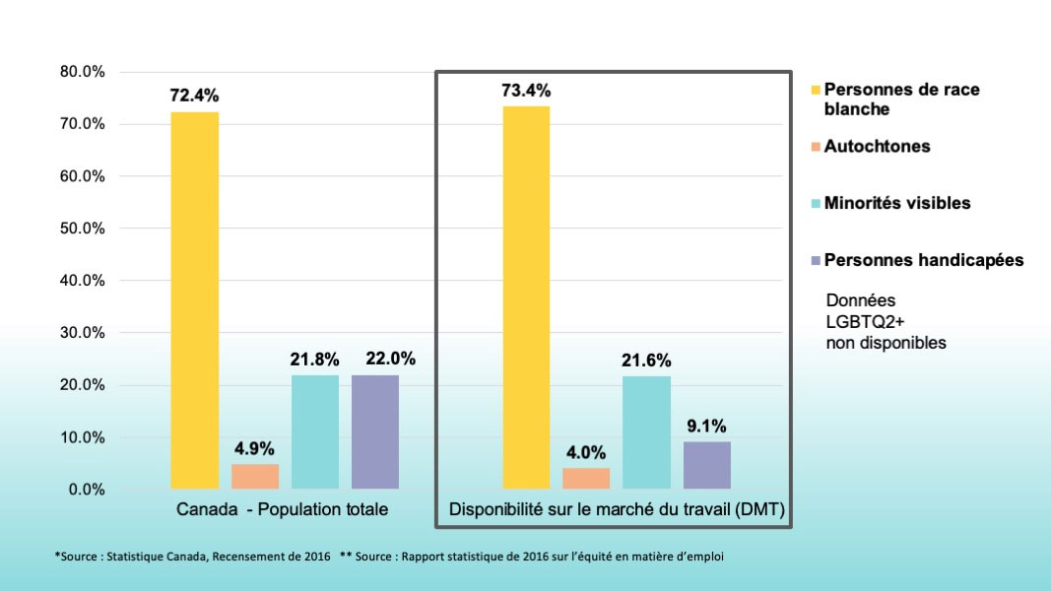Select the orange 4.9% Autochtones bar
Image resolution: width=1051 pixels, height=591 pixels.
255,477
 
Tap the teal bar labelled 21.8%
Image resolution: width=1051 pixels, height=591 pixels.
315,432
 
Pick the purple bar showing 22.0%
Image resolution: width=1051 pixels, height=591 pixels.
375,432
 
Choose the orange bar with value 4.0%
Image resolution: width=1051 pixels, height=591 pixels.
586,479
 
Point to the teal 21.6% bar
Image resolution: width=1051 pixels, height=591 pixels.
646,432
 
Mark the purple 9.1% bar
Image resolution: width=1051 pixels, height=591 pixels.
706,465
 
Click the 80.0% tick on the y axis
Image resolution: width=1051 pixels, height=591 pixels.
84,72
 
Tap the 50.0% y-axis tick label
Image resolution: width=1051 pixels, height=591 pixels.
84,229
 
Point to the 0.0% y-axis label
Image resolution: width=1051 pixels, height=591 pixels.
88,490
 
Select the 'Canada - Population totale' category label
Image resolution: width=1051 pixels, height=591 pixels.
283,510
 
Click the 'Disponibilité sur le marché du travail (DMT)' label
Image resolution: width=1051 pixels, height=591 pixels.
616,510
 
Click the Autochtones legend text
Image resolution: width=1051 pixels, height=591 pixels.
877,147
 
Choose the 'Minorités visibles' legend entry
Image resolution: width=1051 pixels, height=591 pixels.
896,203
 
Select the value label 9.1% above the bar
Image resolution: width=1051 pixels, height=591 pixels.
706,427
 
